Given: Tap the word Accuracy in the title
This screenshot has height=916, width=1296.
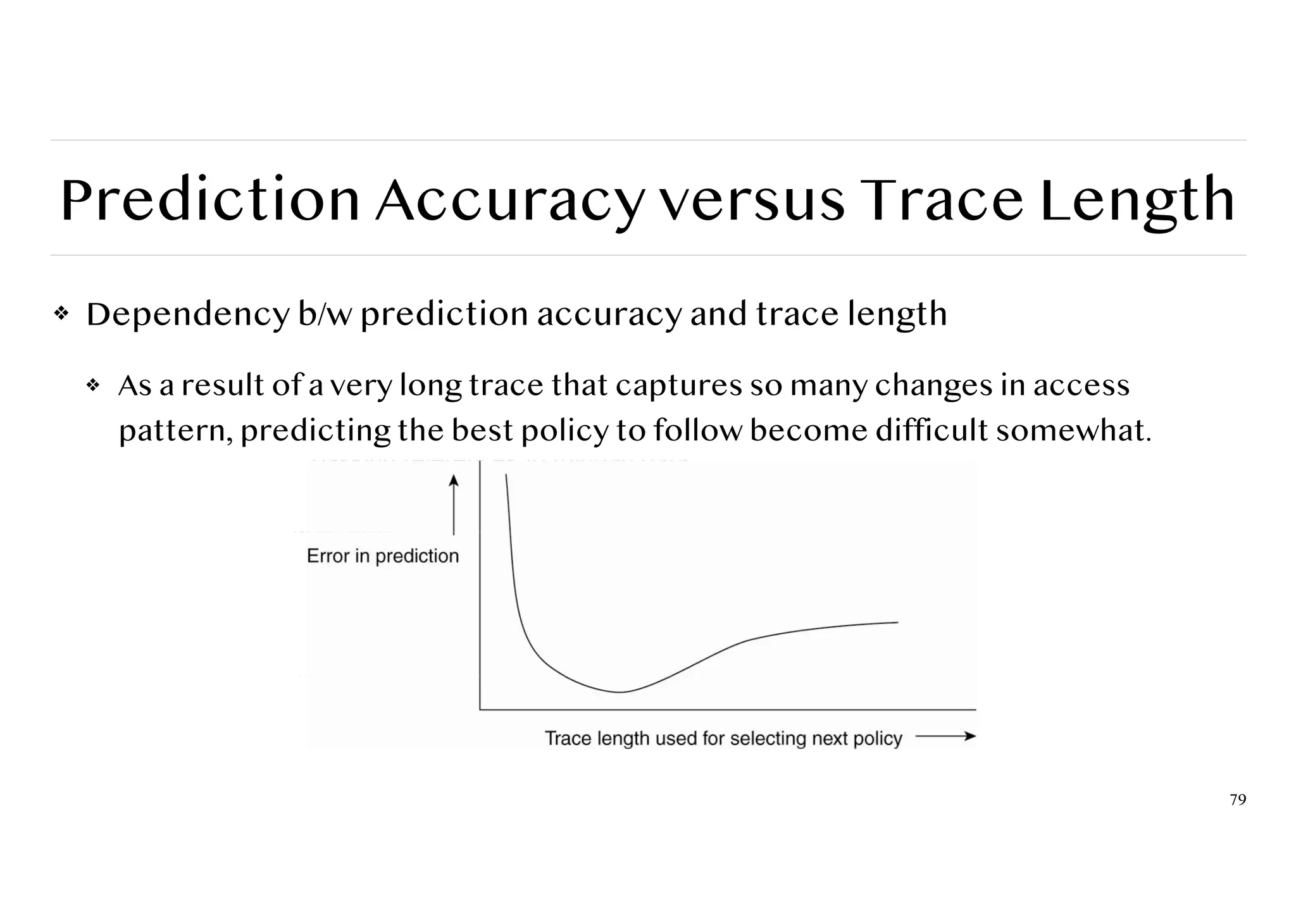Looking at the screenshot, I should [x=509, y=201].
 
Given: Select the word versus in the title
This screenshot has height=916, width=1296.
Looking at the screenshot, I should [x=751, y=201].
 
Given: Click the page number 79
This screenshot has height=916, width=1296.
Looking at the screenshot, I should [x=1238, y=800].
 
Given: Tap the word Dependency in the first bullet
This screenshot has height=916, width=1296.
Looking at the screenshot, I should [x=187, y=314].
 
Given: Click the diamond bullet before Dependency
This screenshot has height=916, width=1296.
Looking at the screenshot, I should [x=61, y=313].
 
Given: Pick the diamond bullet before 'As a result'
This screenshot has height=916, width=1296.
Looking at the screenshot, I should [x=93, y=385].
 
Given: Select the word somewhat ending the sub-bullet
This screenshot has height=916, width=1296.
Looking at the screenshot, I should [x=1073, y=431].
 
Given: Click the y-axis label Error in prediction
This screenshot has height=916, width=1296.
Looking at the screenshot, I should [x=382, y=556].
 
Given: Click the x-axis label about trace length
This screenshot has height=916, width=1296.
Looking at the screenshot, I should [x=723, y=738].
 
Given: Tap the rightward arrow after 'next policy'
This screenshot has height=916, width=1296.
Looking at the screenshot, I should [x=945, y=736].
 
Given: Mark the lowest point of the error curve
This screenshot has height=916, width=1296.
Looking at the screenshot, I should [x=620, y=692].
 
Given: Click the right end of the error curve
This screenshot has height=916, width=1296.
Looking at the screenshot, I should [x=897, y=622].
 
